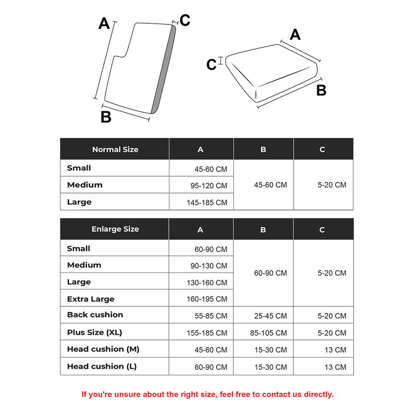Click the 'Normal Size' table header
tap(115, 149)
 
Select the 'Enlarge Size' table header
tap(115, 229)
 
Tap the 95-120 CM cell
tap(207, 185)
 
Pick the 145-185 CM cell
tap(207, 202)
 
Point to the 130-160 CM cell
tap(207, 282)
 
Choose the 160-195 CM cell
tap(207, 299)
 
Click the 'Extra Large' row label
tap(91, 299)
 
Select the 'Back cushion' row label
tap(95, 315)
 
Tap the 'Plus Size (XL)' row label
tap(94, 332)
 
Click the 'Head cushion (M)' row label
tap(103, 349)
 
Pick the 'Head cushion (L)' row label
tap(102, 367)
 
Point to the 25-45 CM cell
tap(270, 316)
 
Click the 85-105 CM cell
tap(270, 333)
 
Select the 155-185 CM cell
tap(207, 333)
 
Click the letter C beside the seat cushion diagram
tap(211, 65)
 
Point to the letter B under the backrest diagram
tap(106, 117)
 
